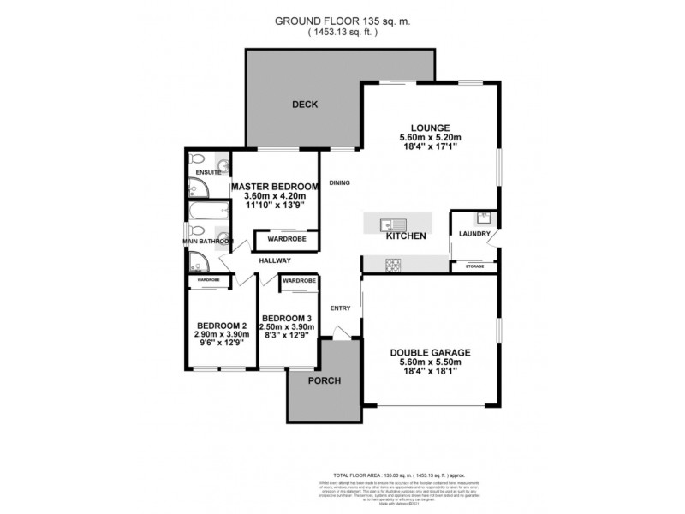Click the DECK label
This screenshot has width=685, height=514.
click(x=305, y=105)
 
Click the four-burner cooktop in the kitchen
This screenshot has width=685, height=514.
click(x=393, y=266)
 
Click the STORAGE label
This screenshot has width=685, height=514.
click(x=474, y=267)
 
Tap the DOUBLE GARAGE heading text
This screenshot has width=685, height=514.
click(x=430, y=352)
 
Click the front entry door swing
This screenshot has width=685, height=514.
click(x=341, y=332)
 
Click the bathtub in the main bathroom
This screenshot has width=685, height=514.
click(x=208, y=211)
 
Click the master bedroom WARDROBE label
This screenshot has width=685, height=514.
click(x=276, y=240)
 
